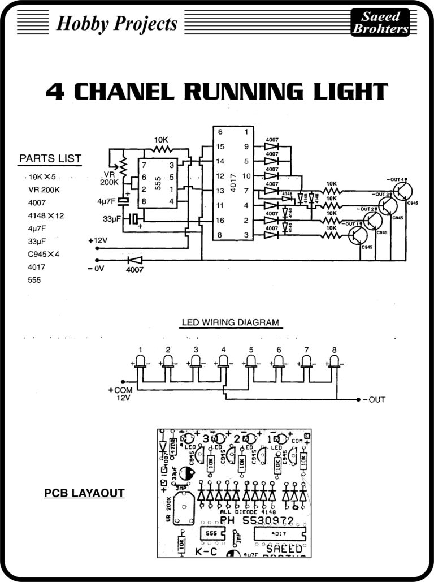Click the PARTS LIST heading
click(50, 158)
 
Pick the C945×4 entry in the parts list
click(44, 253)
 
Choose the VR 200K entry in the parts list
click(44, 189)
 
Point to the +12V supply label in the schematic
click(98, 240)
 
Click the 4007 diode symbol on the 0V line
click(134, 260)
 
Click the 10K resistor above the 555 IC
click(162, 149)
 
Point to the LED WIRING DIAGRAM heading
click(230, 323)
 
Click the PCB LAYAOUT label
click(84, 493)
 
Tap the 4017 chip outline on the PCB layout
click(279, 533)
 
